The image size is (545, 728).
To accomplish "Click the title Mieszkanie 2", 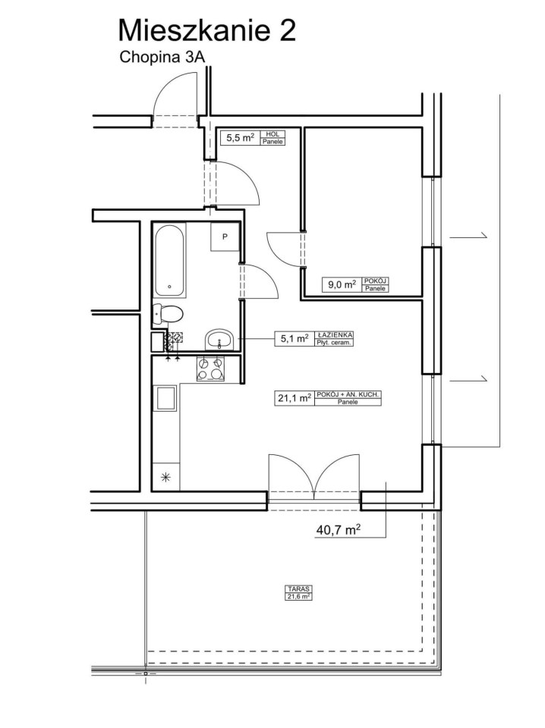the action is pos(206,30).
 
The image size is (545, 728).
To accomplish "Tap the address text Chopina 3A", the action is pos(162,57).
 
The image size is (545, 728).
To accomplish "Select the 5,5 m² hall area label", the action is pos(240,137).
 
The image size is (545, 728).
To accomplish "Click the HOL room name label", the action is pos(272,134).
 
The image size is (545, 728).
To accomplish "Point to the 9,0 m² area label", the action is pos(342,284).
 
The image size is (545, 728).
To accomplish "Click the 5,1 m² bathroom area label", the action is pos(295,338).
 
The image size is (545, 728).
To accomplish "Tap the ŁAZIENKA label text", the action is pos(335,334).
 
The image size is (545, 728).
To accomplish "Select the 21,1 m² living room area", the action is pos(295,398).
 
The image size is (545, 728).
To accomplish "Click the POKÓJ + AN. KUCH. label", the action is pos(348,394).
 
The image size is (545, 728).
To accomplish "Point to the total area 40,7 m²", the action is pos(339,530).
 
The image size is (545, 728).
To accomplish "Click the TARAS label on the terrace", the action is pos(298,588).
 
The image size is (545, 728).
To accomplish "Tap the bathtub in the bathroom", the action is pos(171,261).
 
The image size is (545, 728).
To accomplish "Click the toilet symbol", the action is pos(167,314).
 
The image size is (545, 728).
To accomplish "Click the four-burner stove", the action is pos(210,369).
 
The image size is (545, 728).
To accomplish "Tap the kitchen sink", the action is pos(166,398).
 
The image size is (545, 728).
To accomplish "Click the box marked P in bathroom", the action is pos(225,237).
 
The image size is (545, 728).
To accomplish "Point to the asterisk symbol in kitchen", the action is pos(166,477).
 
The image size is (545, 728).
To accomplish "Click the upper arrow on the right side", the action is pos(468,237).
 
